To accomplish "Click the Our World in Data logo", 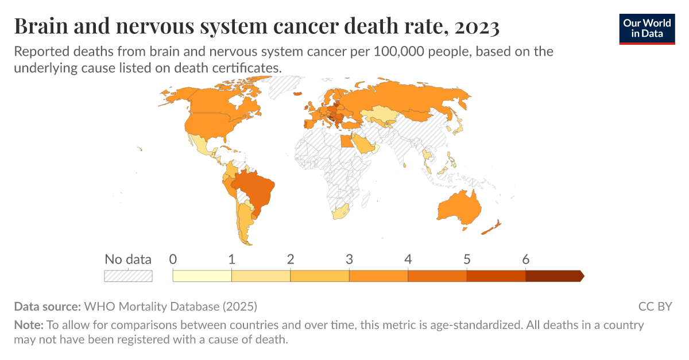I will pyautogui.click(x=647, y=28).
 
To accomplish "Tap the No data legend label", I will pyautogui.click(x=128, y=259).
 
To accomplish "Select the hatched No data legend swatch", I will pyautogui.click(x=128, y=276).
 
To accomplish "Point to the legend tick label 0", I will pyautogui.click(x=173, y=259).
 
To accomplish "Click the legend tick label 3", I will pyautogui.click(x=349, y=259).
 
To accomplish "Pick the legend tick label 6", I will pyautogui.click(x=525, y=259).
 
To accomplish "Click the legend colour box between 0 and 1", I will pyautogui.click(x=202, y=276).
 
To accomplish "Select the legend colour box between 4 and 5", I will pyautogui.click(x=437, y=276).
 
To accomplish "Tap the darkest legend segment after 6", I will pyautogui.click(x=553, y=276).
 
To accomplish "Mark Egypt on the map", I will pyautogui.click(x=346, y=141).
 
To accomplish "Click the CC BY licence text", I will pyautogui.click(x=655, y=306).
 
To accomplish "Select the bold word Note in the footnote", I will pyautogui.click(x=28, y=325).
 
